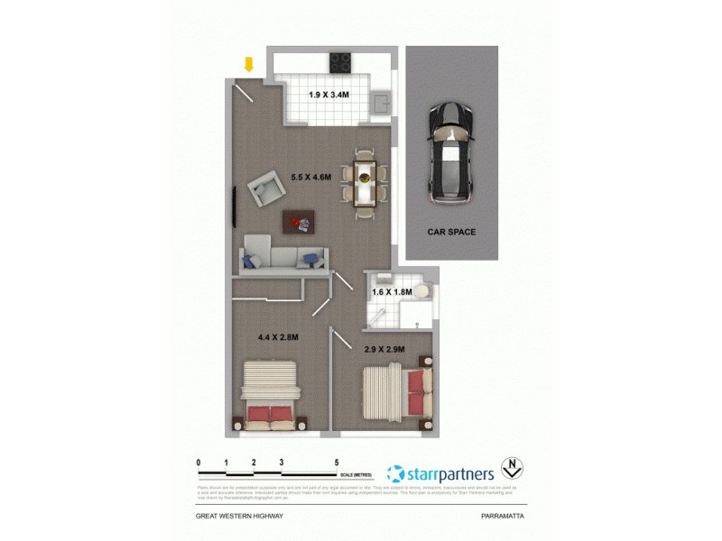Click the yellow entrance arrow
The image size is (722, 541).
pos(249,64)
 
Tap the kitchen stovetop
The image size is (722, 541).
pos(340,62)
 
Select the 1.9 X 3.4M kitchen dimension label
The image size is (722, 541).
pos(329,94)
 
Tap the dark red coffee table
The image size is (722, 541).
pos(299,220)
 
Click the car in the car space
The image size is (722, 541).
pos(449,151)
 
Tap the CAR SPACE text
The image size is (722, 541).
pos(451,232)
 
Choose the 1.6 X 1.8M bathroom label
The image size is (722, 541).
pos(392,292)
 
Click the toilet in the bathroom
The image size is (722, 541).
pos(422,294)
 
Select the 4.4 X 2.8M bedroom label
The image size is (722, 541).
pos(277,337)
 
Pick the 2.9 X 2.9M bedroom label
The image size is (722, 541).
pos(384,348)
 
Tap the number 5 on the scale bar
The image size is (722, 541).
pos(337,462)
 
